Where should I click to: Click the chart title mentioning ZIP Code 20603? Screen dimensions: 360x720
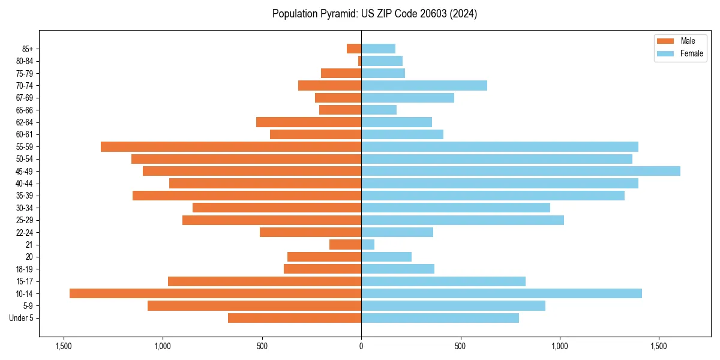(374, 14)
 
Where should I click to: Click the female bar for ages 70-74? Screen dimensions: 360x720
(424, 85)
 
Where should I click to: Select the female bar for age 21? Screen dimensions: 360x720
(368, 244)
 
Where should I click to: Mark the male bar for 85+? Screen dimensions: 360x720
(354, 49)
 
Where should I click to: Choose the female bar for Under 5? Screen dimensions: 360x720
(440, 318)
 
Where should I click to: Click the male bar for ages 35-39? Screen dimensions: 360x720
(247, 196)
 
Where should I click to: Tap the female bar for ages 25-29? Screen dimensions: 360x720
(462, 220)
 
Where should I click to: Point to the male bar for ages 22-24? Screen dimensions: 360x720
(310, 232)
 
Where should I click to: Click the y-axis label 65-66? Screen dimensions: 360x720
(24, 110)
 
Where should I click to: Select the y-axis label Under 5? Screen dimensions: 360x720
(21, 318)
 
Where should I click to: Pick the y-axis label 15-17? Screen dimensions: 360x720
(24, 281)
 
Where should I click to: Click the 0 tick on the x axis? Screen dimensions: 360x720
(361, 346)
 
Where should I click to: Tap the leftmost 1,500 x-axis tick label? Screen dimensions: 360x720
(63, 346)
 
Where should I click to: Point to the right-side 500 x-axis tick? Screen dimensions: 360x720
(460, 346)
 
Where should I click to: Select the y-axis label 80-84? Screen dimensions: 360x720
(24, 61)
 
